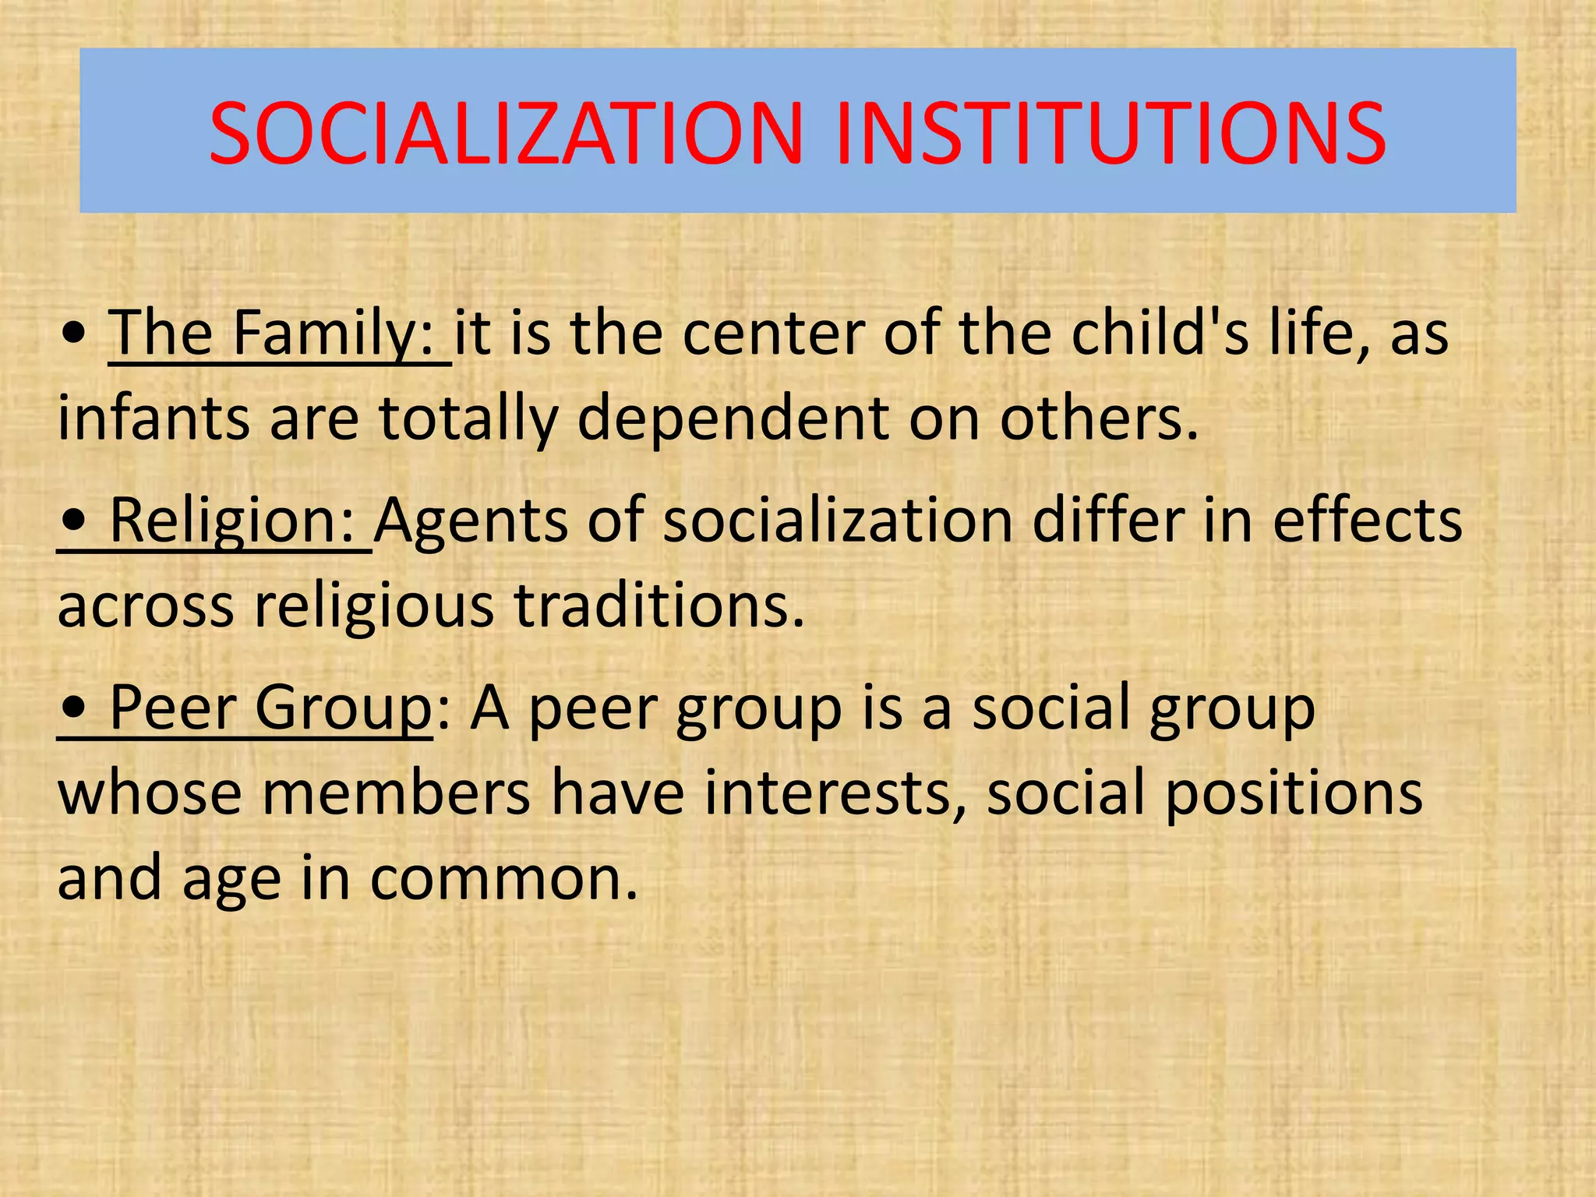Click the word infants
(x=154, y=418)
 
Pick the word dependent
(x=733, y=418)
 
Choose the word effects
(x=1367, y=521)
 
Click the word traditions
(x=659, y=606)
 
